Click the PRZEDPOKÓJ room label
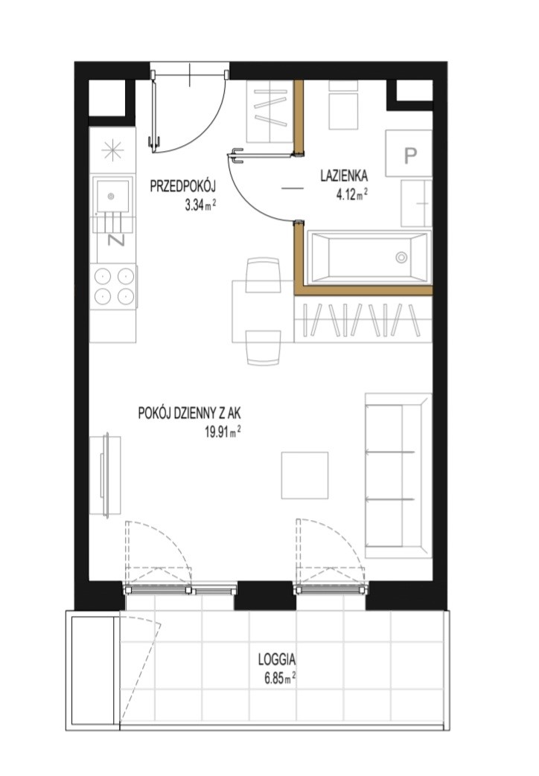click(183, 187)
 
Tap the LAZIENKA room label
click(344, 176)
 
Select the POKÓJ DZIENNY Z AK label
click(190, 413)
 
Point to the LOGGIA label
click(277, 659)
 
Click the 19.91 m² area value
click(223, 432)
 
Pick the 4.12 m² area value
click(351, 194)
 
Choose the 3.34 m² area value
click(200, 205)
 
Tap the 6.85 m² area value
click(280, 678)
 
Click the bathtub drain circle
click(401, 257)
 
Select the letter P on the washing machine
click(410, 156)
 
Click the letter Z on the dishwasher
click(116, 240)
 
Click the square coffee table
click(304, 475)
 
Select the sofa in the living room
click(398, 475)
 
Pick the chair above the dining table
click(264, 275)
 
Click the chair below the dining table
click(264, 348)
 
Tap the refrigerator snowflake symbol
click(112, 150)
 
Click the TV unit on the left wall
click(105, 475)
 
